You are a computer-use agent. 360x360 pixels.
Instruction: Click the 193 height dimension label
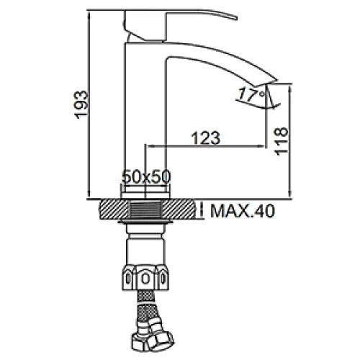click(81, 104)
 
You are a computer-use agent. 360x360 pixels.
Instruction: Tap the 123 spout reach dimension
click(206, 138)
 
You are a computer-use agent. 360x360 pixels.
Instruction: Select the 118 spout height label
click(281, 142)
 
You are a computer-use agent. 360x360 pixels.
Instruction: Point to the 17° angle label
click(251, 94)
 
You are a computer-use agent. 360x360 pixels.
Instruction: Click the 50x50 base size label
click(146, 176)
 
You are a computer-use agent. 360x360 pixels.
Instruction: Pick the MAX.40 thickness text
click(243, 211)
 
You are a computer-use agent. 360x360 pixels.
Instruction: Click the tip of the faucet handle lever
click(236, 18)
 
